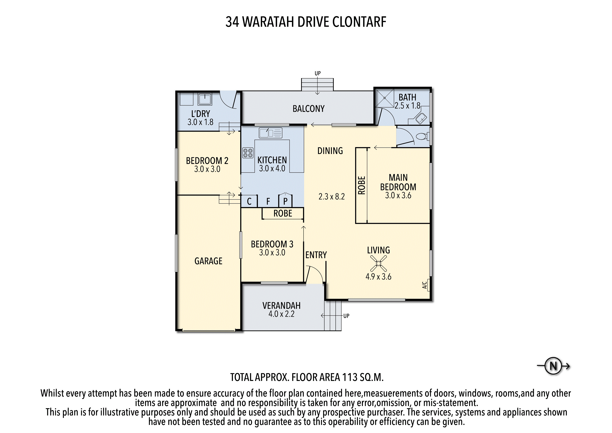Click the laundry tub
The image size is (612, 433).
(205, 99)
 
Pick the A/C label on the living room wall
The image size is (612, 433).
(425, 285)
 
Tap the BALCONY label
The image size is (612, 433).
(308, 109)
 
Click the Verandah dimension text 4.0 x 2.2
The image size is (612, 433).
(281, 314)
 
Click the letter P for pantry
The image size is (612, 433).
(285, 201)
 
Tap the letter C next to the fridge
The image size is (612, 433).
(249, 201)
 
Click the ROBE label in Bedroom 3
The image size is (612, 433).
(283, 213)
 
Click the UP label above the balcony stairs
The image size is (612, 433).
(318, 73)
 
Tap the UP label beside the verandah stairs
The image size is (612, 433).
(346, 316)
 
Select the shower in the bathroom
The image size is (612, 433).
(385, 98)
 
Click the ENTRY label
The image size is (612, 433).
(316, 255)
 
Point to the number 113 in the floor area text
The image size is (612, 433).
(350, 377)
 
